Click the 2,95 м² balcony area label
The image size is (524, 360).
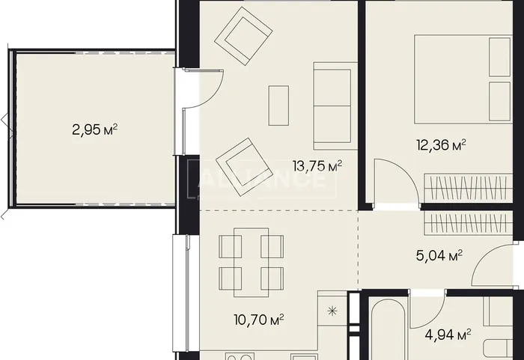tap(94, 129)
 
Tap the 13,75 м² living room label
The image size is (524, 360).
tap(317, 165)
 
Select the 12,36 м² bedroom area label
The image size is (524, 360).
tap(441, 145)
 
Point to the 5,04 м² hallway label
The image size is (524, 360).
tap(439, 256)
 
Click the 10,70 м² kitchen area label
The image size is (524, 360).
tap(259, 320)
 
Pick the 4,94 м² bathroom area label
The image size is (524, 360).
tap(448, 335)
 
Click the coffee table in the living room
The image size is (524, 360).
tap(278, 106)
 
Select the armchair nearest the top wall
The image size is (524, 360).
tap(243, 36)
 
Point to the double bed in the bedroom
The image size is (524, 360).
tap(463, 79)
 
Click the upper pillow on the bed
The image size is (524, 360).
tap(499, 57)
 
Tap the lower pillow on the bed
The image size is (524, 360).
tap(499, 101)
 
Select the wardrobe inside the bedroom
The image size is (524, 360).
tap(468, 188)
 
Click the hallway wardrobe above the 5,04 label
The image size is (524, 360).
tap(468, 224)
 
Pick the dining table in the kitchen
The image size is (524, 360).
tap(251, 263)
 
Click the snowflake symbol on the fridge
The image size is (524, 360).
tap(332, 311)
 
